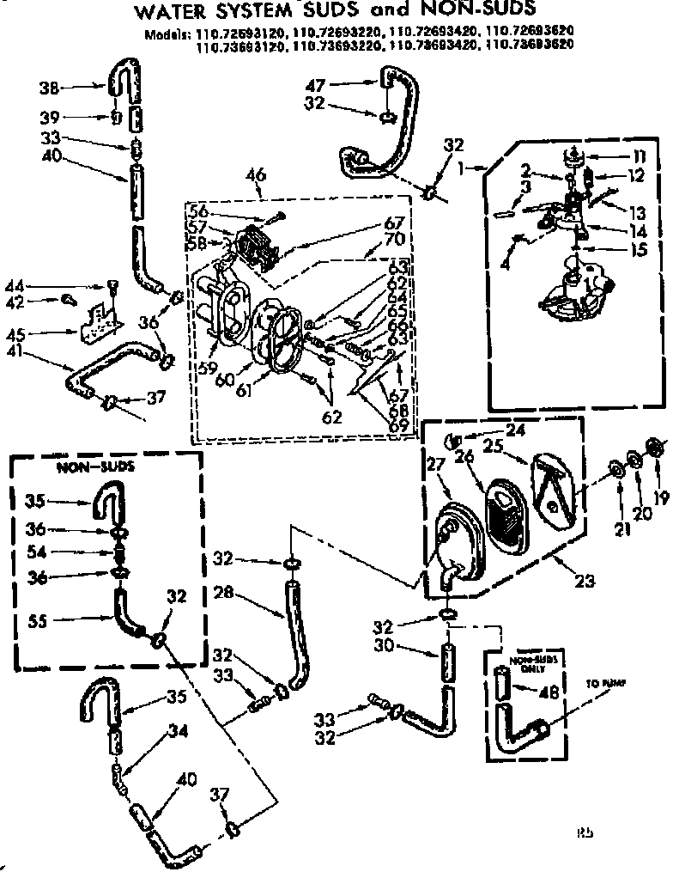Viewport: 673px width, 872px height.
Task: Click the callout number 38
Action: point(49,86)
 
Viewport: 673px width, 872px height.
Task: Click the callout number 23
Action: point(585,582)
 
